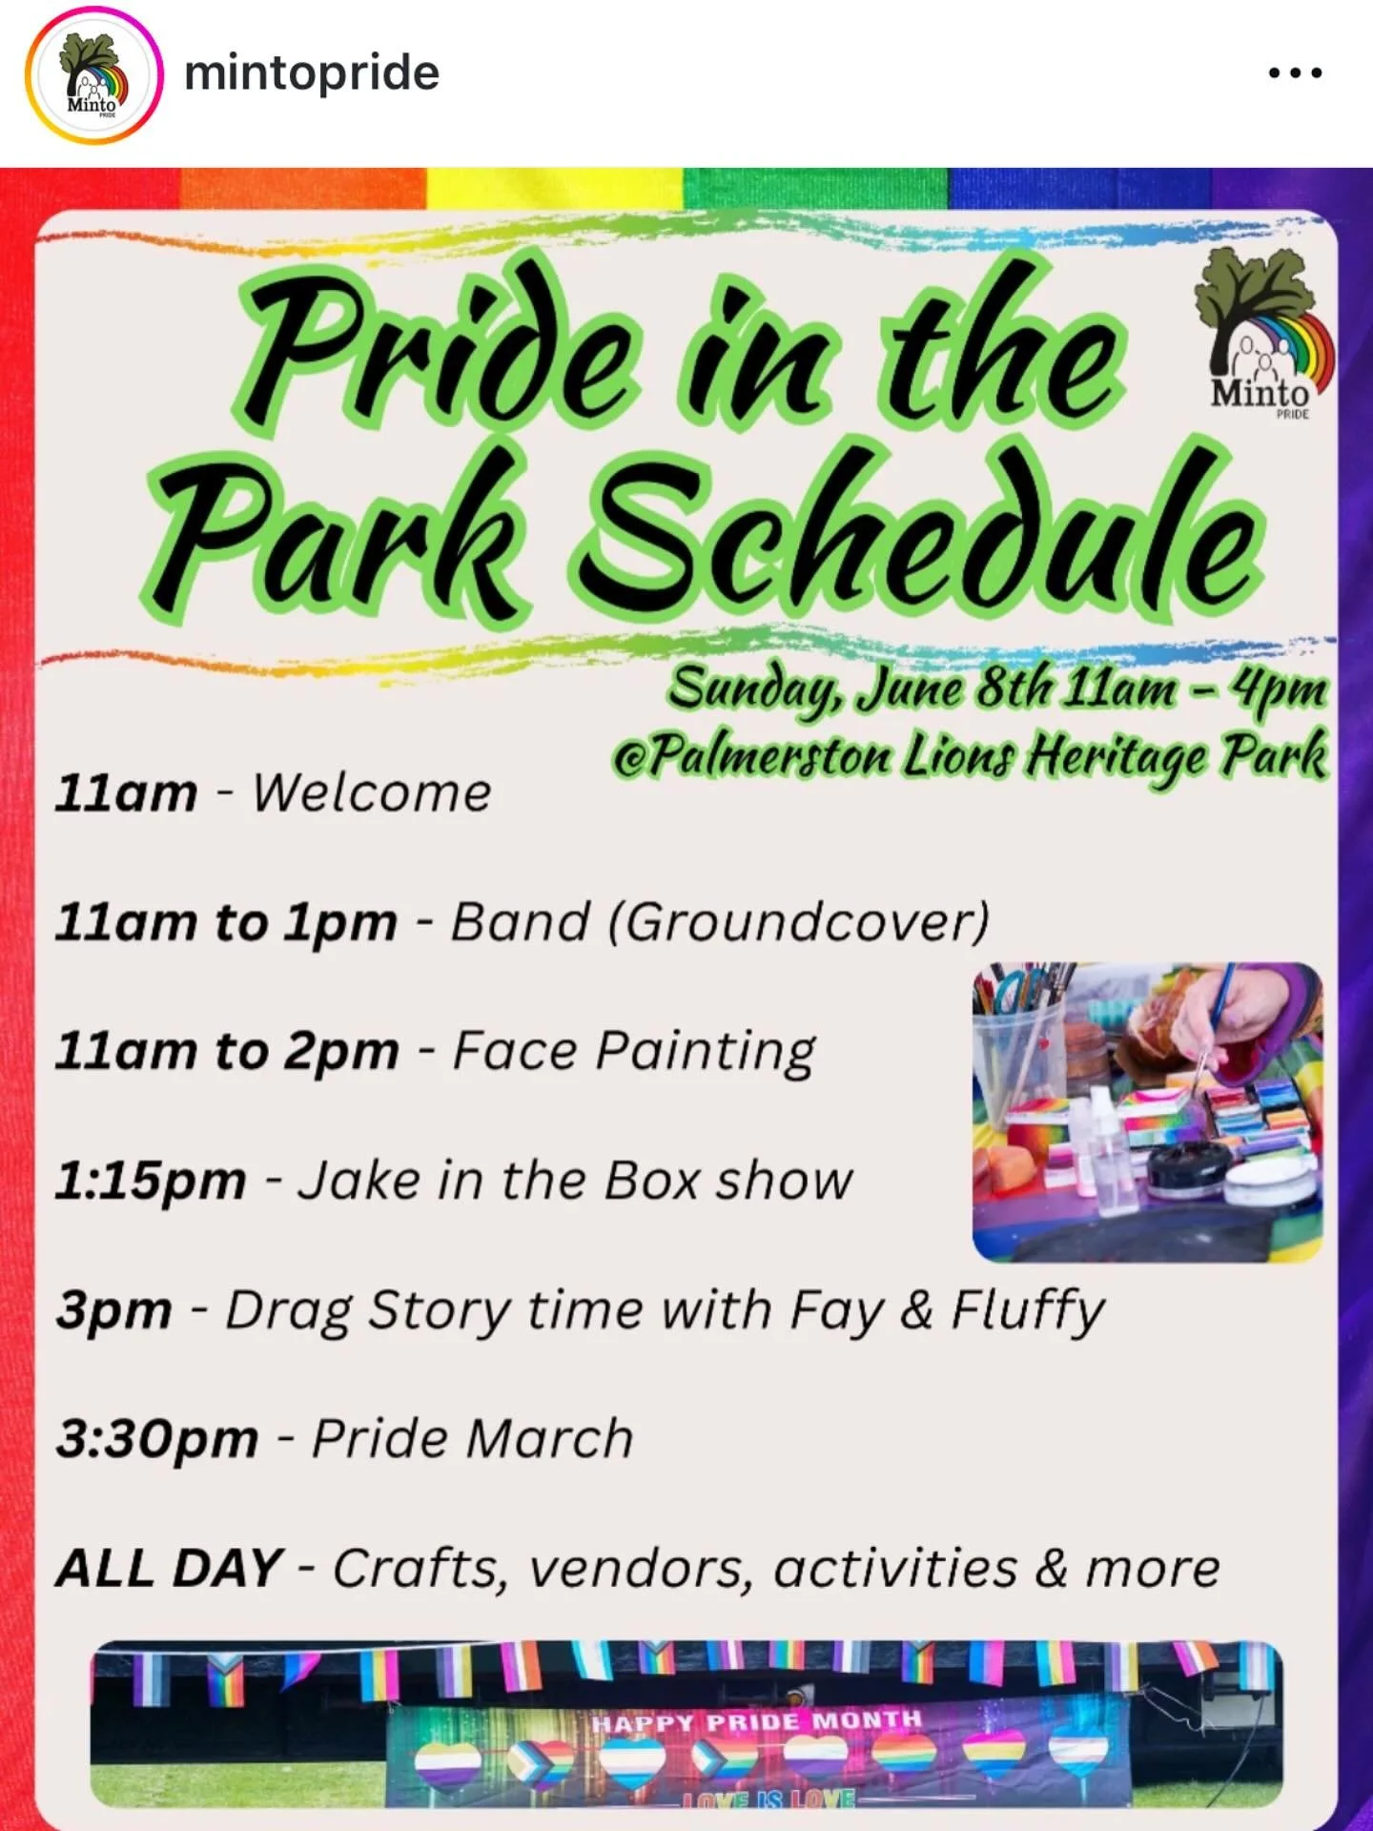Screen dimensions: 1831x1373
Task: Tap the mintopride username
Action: point(311,73)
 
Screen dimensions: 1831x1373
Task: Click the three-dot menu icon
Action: point(1295,72)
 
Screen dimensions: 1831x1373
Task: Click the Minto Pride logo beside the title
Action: point(1263,334)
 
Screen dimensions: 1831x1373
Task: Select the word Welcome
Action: point(372,792)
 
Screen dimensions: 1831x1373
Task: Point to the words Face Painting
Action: point(633,1051)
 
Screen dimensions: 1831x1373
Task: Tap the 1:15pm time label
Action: point(151,1181)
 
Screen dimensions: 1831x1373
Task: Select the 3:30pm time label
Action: point(156,1439)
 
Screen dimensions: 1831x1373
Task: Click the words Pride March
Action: point(473,1439)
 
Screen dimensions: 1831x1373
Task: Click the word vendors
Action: point(639,1569)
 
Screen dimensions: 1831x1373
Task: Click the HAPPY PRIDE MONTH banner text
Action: point(756,1721)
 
